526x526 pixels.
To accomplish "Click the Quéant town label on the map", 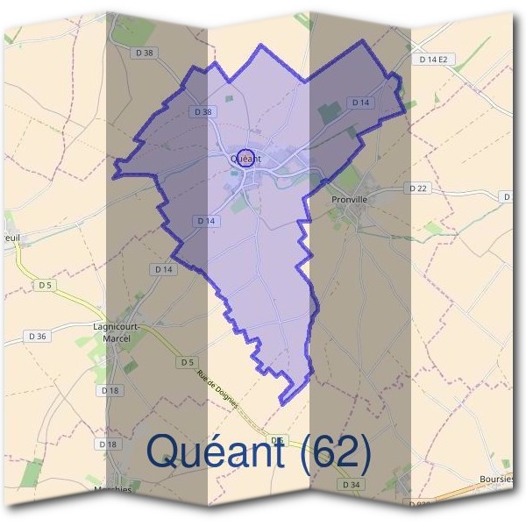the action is pyautogui.click(x=246, y=160).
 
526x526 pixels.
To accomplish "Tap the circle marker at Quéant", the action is pyautogui.click(x=245, y=156).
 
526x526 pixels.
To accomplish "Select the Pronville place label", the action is pyautogui.click(x=349, y=199).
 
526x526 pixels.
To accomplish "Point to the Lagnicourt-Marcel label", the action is pyautogui.click(x=117, y=332).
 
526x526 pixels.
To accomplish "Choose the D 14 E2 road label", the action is pyautogui.click(x=433, y=60).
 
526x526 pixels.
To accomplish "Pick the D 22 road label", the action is pyautogui.click(x=417, y=188).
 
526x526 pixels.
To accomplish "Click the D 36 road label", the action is pyautogui.click(x=38, y=336).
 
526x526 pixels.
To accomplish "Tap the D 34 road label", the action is pyautogui.click(x=352, y=484).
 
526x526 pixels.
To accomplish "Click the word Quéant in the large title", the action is pyautogui.click(x=216, y=451).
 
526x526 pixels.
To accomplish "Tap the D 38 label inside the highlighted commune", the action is pyautogui.click(x=202, y=112).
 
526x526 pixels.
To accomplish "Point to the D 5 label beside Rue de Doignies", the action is pyautogui.click(x=187, y=362).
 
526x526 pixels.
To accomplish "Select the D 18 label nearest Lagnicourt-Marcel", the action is pyautogui.click(x=110, y=390).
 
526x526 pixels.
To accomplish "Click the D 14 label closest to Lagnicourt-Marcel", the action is pyautogui.click(x=164, y=269).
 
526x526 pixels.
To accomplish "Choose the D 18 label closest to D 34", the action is pyautogui.click(x=109, y=444).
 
